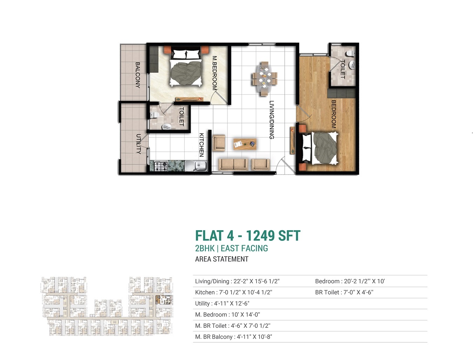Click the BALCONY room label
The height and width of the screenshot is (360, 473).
tap(138, 75)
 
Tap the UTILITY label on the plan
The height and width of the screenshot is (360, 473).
tap(138, 144)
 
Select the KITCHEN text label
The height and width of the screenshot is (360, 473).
tap(202, 144)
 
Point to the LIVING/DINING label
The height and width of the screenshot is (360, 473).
tap(271, 120)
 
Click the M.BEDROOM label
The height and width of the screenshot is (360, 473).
tap(215, 73)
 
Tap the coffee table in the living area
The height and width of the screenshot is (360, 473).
tap(245, 144)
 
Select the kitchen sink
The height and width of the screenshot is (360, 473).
tap(197, 166)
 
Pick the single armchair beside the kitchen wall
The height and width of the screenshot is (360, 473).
tap(219, 143)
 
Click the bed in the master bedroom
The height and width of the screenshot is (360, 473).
tap(186, 69)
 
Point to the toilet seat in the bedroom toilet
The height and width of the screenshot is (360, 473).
tap(349, 53)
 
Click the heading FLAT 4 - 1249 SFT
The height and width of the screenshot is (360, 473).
tap(248, 236)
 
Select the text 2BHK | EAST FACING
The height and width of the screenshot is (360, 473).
tap(231, 248)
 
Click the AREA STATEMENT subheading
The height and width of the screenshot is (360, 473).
tap(222, 259)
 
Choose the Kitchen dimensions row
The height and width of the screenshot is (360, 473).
tap(234, 292)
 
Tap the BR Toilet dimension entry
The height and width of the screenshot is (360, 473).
tap(344, 292)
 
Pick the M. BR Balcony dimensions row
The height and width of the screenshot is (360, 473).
tap(234, 337)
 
